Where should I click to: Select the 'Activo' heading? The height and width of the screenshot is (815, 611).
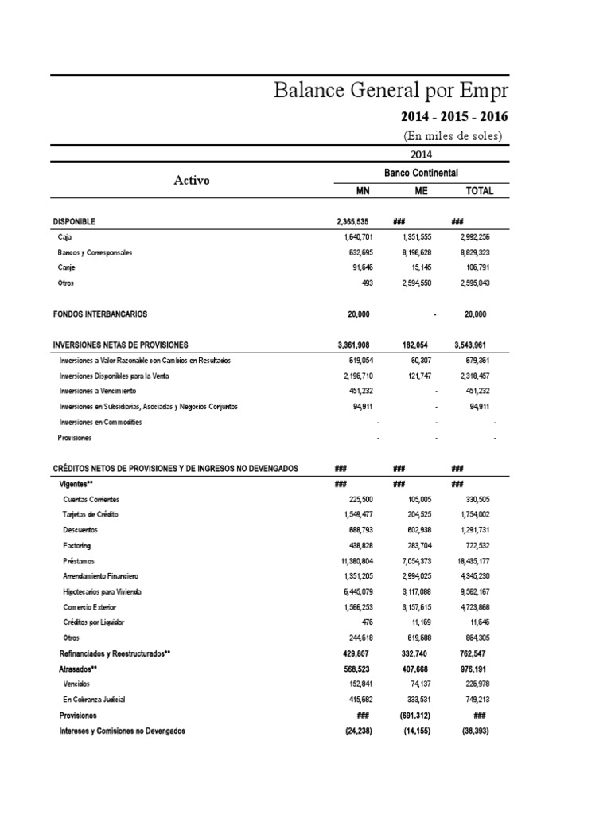pos(192,181)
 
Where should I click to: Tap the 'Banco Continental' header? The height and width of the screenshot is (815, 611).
pos(422,173)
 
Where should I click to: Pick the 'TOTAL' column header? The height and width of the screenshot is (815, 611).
pos(479,191)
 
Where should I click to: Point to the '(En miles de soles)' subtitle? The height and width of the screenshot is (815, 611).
pos(455,135)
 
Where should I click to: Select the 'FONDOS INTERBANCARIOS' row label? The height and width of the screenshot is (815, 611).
pos(99,314)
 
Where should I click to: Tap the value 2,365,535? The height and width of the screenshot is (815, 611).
pos(352,221)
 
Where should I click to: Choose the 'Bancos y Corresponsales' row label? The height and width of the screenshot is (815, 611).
pos(95,252)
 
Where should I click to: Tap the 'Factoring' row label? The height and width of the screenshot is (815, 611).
pos(77,545)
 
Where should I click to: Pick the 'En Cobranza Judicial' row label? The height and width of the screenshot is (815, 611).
pos(94,700)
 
